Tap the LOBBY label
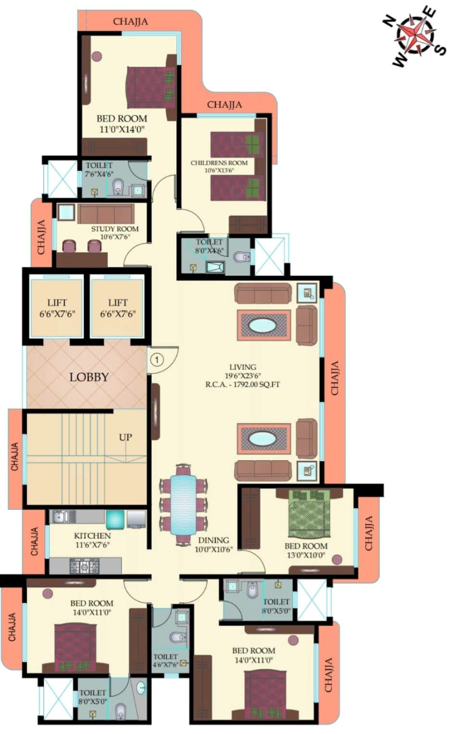pos(89,377)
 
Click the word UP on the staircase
pos(125,437)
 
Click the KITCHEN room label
pos(92,536)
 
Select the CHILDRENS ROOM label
pos(219,163)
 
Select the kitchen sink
pos(61,517)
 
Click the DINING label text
pos(214,540)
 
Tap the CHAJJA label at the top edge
pos(130,21)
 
